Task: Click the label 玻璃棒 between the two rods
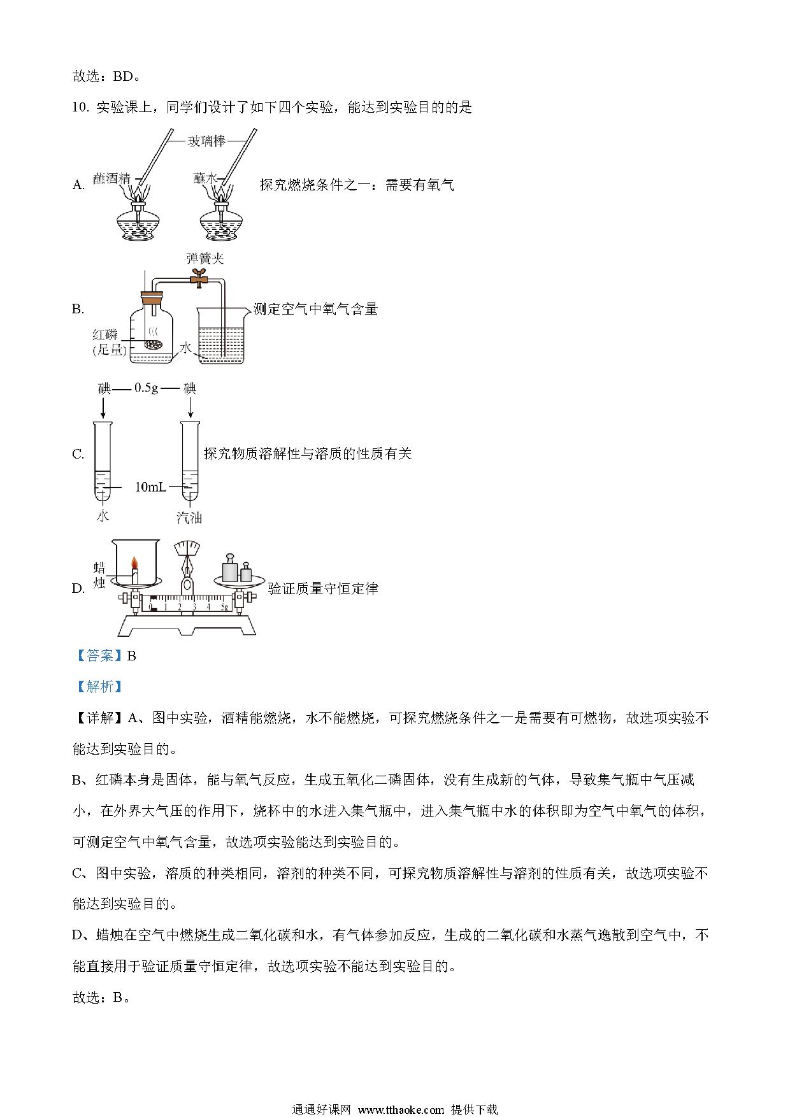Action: [206, 141]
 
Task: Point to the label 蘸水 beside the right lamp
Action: [206, 178]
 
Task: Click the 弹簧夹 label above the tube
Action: [205, 259]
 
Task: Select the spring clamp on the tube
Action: [200, 278]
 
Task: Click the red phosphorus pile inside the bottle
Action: [153, 345]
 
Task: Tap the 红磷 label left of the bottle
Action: [104, 335]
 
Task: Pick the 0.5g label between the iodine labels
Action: [146, 387]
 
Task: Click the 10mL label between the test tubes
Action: [150, 487]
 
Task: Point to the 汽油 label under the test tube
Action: [189, 517]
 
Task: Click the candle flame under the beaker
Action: [134, 563]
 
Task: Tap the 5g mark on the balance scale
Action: [224, 607]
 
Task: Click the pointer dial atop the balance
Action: [187, 549]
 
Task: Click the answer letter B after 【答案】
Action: [132, 656]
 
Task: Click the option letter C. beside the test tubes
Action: [78, 454]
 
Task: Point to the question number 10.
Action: [80, 108]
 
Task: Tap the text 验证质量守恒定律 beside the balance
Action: [323, 588]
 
